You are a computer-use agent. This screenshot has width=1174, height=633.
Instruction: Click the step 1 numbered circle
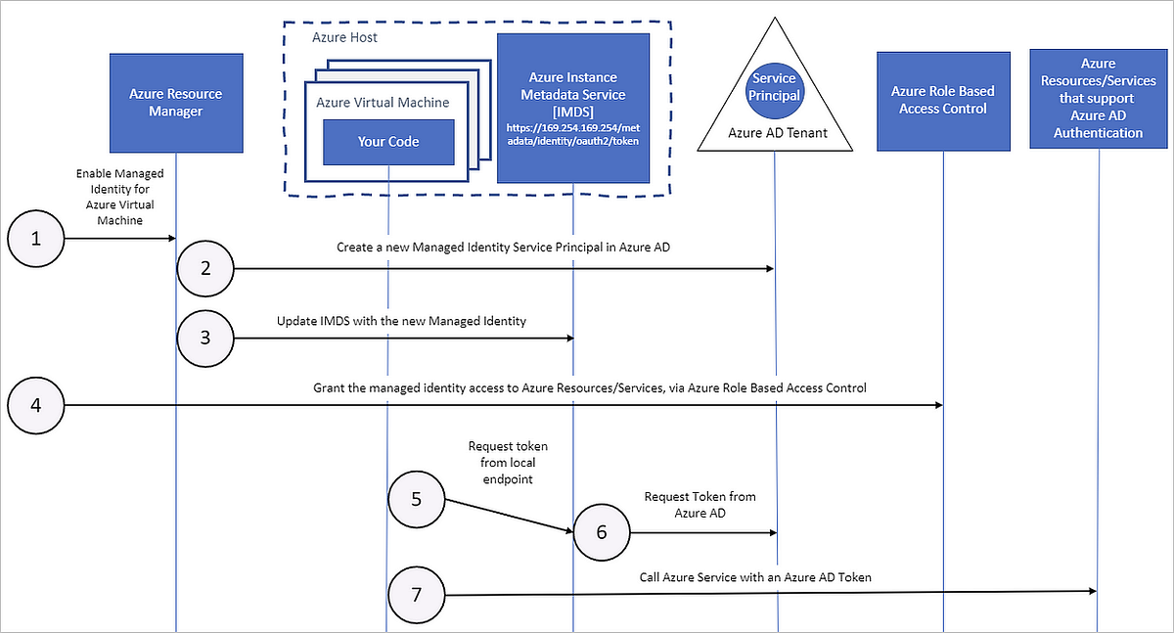[x=36, y=239]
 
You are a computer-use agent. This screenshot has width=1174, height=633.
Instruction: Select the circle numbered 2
[x=205, y=268]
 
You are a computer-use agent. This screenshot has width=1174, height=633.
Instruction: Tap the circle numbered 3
[x=205, y=338]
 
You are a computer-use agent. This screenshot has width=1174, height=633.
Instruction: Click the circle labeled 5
[x=416, y=500]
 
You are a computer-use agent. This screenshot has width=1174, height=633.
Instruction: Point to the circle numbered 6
[x=601, y=532]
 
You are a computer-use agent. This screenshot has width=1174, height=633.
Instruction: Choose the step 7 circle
[x=416, y=595]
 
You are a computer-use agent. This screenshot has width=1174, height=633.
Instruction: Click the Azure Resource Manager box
[x=176, y=103]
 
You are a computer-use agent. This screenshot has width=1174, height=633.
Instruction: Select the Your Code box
[x=388, y=142]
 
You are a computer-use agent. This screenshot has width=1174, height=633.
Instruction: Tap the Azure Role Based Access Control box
[x=942, y=100]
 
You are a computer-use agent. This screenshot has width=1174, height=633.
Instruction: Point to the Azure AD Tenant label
[x=775, y=132]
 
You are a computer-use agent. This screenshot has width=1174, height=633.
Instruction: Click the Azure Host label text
[x=344, y=37]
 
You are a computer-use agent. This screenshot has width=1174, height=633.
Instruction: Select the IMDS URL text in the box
[x=572, y=134]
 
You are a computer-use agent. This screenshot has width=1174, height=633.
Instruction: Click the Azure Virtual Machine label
[x=383, y=102]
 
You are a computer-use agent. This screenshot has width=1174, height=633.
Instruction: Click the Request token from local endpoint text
[x=508, y=462]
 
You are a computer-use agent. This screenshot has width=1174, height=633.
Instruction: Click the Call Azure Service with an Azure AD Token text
[x=755, y=577]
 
